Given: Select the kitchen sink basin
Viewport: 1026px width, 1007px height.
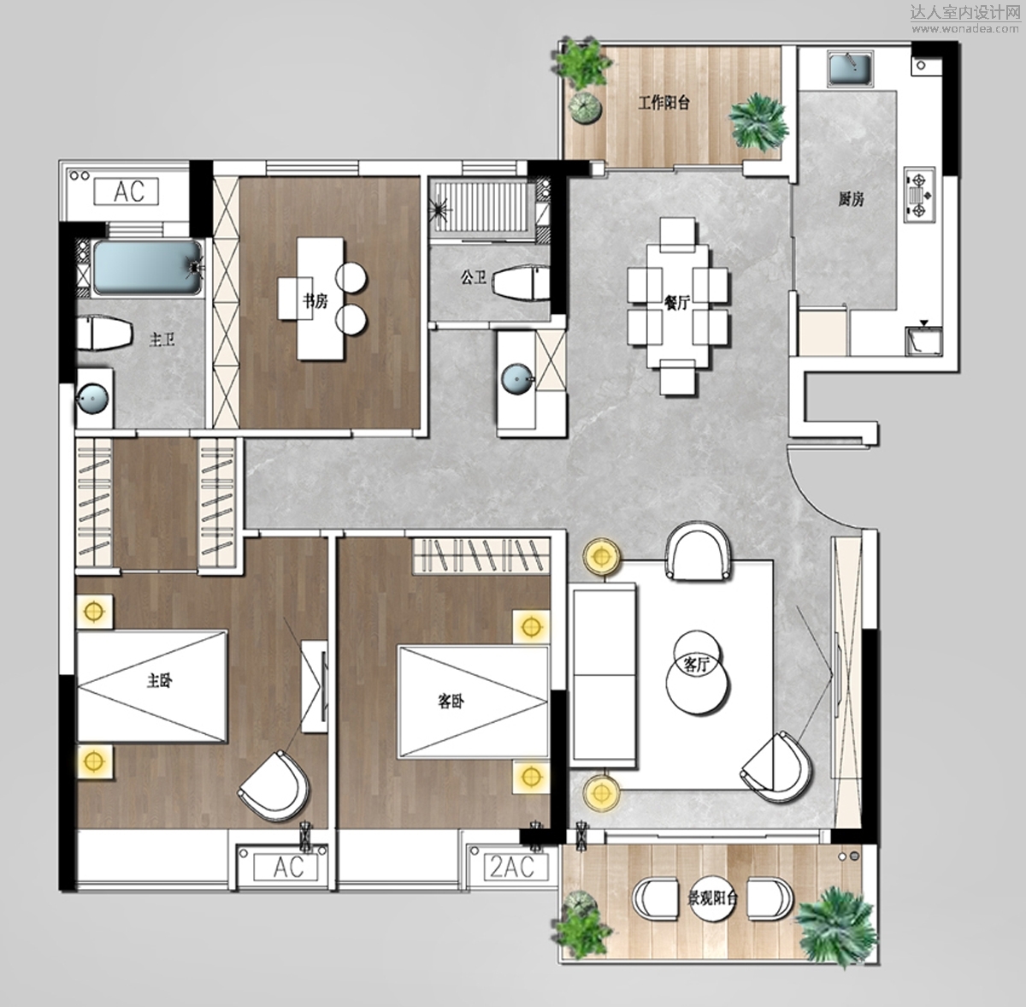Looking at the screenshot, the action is click(x=850, y=68).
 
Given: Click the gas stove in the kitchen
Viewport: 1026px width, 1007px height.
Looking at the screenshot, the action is click(x=919, y=195).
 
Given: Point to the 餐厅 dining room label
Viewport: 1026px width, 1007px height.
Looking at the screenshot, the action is click(x=676, y=304).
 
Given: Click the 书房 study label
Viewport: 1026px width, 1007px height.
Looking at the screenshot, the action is click(x=315, y=301).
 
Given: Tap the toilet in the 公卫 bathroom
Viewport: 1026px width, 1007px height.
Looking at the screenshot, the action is click(x=522, y=281).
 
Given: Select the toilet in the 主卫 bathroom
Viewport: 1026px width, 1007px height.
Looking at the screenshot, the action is click(x=103, y=333).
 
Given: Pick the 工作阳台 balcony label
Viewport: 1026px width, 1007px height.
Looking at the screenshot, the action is click(x=664, y=103).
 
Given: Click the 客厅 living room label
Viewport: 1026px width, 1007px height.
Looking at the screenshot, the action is click(x=697, y=665).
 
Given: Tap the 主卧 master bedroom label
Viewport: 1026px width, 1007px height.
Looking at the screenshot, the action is click(x=160, y=680).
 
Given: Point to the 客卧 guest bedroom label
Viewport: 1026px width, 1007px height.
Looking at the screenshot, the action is click(x=451, y=702).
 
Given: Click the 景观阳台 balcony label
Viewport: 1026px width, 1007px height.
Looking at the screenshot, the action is click(x=713, y=899).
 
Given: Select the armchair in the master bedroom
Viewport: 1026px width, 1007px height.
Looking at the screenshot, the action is click(x=274, y=786).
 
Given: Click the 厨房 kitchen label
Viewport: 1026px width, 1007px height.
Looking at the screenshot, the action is click(x=851, y=199).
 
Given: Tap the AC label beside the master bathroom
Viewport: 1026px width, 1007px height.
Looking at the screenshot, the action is click(x=127, y=192).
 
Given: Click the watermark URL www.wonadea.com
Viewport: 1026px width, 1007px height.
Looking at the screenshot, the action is click(x=965, y=29).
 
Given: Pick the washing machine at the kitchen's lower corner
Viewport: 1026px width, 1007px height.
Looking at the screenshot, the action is click(x=923, y=341).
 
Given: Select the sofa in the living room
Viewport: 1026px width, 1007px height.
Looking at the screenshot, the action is click(x=604, y=675).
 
